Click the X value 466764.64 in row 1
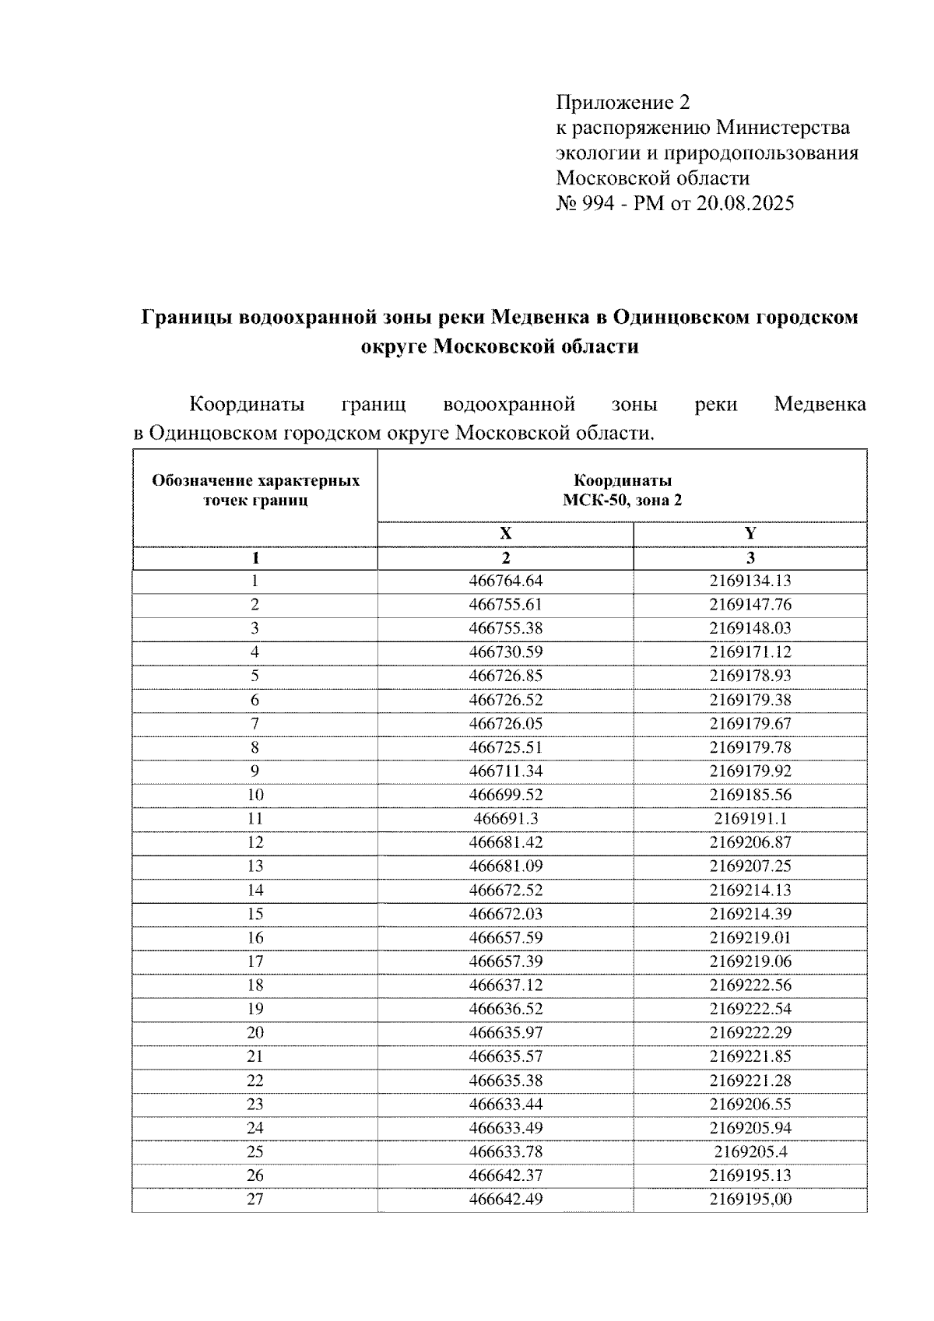point(505,581)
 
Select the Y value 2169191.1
point(750,819)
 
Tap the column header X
point(505,534)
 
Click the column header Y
point(750,534)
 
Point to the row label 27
point(255,1200)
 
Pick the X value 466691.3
point(505,819)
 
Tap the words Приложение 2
point(623,102)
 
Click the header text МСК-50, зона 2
point(622,501)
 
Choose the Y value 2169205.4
point(750,1152)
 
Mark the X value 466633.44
point(505,1105)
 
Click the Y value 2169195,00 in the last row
point(750,1200)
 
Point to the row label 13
point(255,866)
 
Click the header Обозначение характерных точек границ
point(255,490)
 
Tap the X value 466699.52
point(505,795)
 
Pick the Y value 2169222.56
point(750,985)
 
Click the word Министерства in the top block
point(782,128)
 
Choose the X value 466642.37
point(505,1175)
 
